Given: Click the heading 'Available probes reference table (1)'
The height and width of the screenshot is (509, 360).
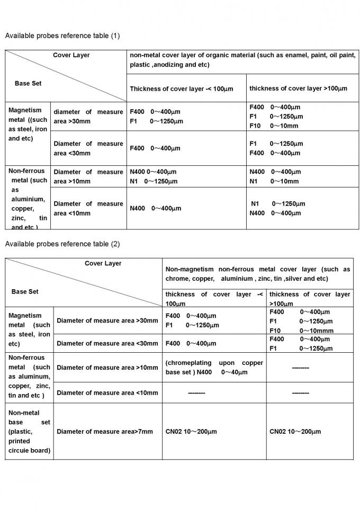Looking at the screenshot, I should point(62,36).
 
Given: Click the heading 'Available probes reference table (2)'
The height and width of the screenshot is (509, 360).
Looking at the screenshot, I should point(62,244).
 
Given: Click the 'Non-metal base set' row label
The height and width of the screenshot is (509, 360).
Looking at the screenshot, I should point(29,432).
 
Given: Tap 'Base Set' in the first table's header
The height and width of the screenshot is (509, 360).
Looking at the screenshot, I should point(28,83).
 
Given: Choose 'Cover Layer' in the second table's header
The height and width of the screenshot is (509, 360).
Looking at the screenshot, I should point(103,263).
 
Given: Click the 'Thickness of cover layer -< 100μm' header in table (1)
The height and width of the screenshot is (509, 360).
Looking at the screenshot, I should point(182,88).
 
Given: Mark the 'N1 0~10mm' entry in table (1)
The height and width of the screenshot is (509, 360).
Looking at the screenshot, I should point(274,181).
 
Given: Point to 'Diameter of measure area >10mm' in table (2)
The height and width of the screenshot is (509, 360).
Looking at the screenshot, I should point(107,368).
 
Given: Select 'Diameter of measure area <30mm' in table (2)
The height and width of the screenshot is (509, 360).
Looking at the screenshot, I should point(107,343).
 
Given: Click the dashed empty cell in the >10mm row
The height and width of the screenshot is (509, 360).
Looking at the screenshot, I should point(301,368).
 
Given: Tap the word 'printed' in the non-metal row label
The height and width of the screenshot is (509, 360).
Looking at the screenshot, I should point(19,441).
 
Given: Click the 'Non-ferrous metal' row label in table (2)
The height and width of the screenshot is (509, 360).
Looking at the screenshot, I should point(29,377).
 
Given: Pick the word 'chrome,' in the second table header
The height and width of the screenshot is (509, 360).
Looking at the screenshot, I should point(177,279).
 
